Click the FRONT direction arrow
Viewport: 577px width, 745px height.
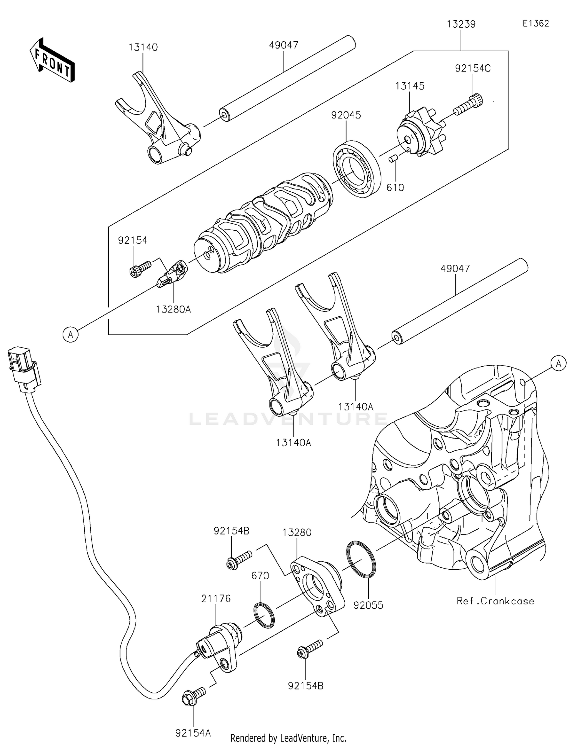pyautogui.click(x=52, y=61)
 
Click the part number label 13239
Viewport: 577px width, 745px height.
pyautogui.click(x=461, y=24)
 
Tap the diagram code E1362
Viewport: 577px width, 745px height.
pyautogui.click(x=535, y=23)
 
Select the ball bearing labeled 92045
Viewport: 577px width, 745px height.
pyautogui.click(x=357, y=170)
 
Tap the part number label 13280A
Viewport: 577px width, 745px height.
pyautogui.click(x=173, y=309)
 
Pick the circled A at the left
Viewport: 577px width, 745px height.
pyautogui.click(x=70, y=334)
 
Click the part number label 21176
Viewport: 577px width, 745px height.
pyautogui.click(x=216, y=599)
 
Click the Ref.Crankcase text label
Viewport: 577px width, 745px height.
pyautogui.click(x=495, y=601)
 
